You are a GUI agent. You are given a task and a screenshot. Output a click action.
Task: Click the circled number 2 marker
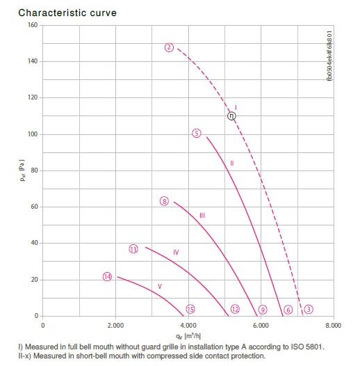pyautogui.click(x=169, y=47)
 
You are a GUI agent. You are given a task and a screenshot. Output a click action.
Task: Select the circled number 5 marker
pyautogui.click(x=196, y=134)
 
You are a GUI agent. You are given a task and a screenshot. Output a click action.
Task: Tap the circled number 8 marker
pyautogui.click(x=164, y=201)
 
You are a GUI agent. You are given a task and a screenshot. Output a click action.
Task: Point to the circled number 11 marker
pyautogui.click(x=133, y=249)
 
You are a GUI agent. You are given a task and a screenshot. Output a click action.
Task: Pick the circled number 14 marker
pyautogui.click(x=107, y=277)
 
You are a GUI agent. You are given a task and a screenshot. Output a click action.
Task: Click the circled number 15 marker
pyautogui.click(x=190, y=309)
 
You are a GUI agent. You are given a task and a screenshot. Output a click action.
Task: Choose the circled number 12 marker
pyautogui.click(x=235, y=309)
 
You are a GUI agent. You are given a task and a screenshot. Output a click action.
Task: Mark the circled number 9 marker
pyautogui.click(x=263, y=310)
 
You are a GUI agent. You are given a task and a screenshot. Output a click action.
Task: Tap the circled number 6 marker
pyautogui.click(x=288, y=310)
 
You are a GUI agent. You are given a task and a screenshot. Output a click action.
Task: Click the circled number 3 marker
pyautogui.click(x=309, y=309)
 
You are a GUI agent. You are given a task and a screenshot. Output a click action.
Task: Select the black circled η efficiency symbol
pyautogui.click(x=231, y=116)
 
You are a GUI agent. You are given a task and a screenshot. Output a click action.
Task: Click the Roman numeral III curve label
pyautogui.click(x=202, y=215)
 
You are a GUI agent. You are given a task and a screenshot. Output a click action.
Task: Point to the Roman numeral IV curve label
pyautogui.click(x=176, y=252)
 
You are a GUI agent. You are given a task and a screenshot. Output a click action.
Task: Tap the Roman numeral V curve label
pyautogui.click(x=159, y=286)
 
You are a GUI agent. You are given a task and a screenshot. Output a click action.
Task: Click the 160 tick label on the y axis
pyautogui.click(x=33, y=25)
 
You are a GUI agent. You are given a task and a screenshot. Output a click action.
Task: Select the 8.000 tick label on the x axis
pyautogui.click(x=333, y=325)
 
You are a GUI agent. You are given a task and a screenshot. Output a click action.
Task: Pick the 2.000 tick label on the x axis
pyautogui.click(x=115, y=325)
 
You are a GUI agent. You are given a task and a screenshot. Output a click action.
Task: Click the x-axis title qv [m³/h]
pyautogui.click(x=188, y=336)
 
